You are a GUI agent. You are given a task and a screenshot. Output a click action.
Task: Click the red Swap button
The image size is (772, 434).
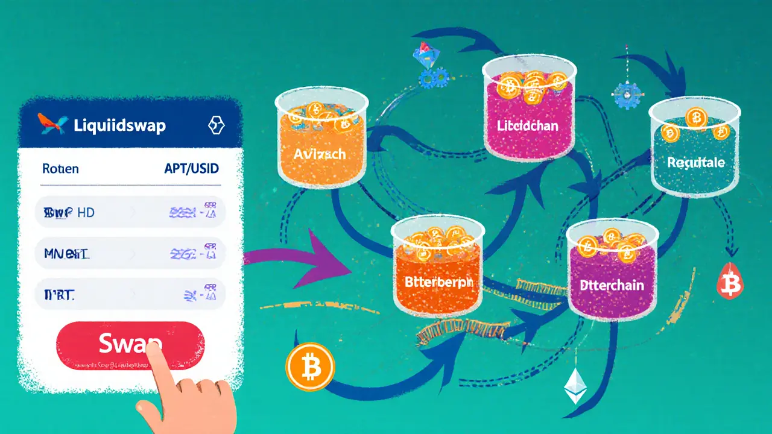coord(130,345)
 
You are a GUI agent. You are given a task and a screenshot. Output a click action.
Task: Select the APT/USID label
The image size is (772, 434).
coord(191,168)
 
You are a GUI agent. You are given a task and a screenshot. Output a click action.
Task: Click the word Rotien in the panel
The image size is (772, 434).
coord(60,169)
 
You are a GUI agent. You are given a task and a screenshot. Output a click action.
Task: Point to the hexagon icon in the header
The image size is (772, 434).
coord(216,125)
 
